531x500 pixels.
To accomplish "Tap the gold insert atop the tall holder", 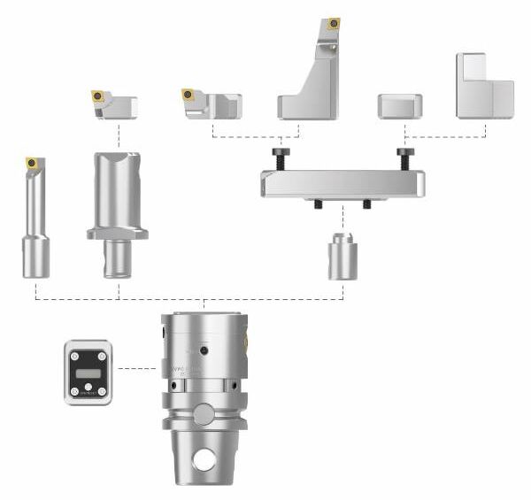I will click(333, 23).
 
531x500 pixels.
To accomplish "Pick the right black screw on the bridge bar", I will click(405, 157).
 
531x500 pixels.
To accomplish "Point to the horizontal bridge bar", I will click(342, 184).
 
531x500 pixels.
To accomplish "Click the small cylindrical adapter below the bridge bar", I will click(342, 258).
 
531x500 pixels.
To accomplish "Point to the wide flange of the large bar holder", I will click(117, 234).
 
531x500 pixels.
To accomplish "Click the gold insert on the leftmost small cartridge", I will click(97, 95).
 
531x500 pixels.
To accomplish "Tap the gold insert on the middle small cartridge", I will click(188, 94).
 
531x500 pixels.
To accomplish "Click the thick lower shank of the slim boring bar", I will click(35, 257).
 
